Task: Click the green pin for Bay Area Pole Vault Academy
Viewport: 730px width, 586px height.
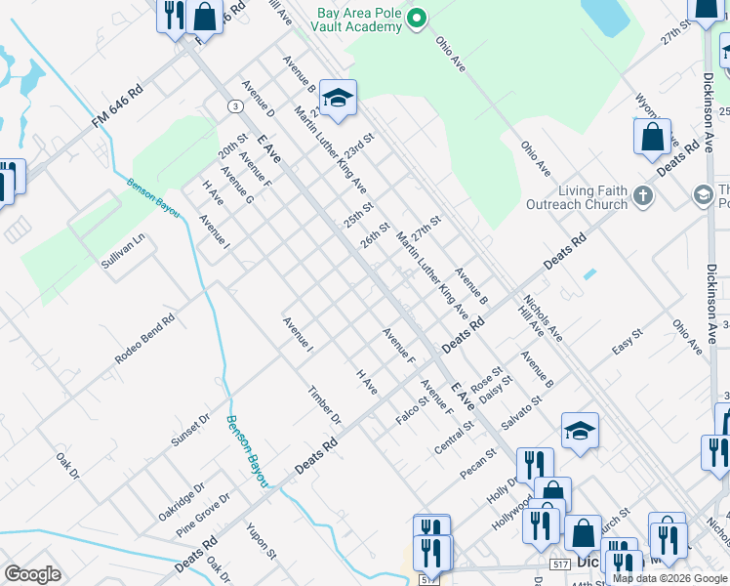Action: pyautogui.click(x=417, y=18)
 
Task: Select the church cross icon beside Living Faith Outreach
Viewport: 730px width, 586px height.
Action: pyautogui.click(x=642, y=196)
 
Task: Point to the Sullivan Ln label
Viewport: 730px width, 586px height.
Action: pyautogui.click(x=128, y=253)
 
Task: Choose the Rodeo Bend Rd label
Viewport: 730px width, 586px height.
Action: pyautogui.click(x=144, y=339)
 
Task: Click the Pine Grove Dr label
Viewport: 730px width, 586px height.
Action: pyautogui.click(x=203, y=513)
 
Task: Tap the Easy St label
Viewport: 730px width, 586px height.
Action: pyautogui.click(x=628, y=341)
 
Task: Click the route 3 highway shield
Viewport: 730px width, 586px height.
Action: pyautogui.click(x=235, y=105)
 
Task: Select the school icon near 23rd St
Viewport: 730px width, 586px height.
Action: pyautogui.click(x=338, y=99)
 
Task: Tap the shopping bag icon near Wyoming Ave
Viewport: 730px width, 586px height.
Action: pyautogui.click(x=652, y=137)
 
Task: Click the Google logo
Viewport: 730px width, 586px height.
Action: pyautogui.click(x=33, y=574)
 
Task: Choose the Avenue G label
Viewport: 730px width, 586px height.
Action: pyautogui.click(x=236, y=186)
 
